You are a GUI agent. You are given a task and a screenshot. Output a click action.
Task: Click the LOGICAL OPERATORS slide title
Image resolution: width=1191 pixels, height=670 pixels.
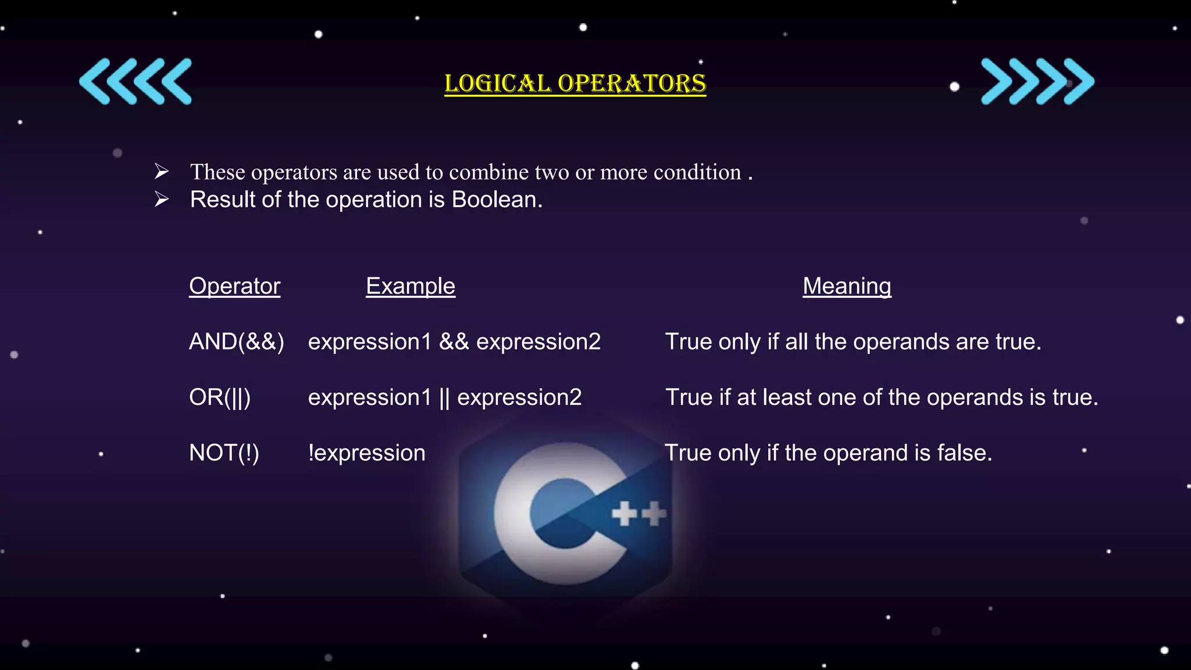click(x=575, y=84)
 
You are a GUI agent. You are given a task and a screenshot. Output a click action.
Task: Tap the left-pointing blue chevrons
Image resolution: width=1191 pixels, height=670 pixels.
click(x=135, y=81)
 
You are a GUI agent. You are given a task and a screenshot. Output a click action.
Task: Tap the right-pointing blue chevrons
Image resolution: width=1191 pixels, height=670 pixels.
click(x=1037, y=81)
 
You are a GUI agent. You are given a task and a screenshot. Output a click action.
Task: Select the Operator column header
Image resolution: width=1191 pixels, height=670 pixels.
click(x=234, y=286)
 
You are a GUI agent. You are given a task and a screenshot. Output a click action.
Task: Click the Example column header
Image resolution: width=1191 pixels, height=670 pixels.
click(x=410, y=286)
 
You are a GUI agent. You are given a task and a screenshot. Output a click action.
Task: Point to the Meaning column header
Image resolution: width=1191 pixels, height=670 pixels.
click(x=847, y=286)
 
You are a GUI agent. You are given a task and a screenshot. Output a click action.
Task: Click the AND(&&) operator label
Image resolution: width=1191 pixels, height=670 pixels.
click(x=237, y=342)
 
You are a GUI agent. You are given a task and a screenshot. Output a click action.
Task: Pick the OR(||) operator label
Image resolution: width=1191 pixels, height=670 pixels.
click(x=220, y=398)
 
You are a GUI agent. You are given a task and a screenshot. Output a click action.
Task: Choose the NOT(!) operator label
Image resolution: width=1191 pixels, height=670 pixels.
click(x=224, y=453)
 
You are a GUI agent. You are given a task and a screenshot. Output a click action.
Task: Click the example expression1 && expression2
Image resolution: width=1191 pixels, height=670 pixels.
click(x=454, y=342)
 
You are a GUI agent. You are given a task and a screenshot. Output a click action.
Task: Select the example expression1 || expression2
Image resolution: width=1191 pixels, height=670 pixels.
click(x=445, y=398)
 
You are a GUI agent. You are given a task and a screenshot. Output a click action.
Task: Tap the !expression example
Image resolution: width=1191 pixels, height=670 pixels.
click(x=367, y=453)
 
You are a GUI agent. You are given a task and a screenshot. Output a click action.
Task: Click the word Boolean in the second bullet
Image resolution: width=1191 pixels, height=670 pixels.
click(x=497, y=200)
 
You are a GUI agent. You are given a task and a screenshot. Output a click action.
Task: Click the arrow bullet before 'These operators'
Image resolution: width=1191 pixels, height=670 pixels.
click(x=162, y=172)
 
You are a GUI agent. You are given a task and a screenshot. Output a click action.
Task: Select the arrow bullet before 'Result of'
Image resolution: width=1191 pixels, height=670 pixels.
click(x=162, y=199)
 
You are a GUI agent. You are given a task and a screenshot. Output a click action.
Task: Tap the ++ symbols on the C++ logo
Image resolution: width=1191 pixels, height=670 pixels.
click(x=639, y=514)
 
